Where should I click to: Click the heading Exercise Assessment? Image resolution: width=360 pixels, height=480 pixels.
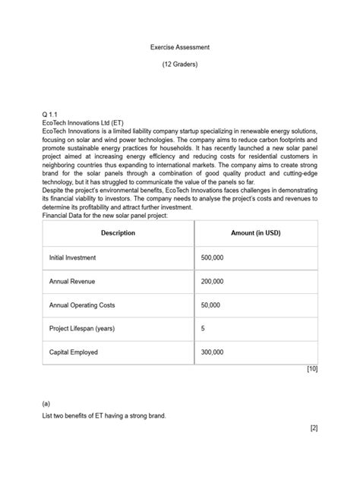coord(180,47)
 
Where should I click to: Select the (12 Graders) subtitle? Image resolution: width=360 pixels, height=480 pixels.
coord(180,65)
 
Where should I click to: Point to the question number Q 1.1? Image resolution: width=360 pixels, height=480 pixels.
coord(50,113)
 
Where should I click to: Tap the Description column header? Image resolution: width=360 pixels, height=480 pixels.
coord(118,232)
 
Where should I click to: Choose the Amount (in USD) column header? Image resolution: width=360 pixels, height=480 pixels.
coord(255,232)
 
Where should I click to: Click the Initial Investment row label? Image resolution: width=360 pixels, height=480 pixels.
coord(73,257)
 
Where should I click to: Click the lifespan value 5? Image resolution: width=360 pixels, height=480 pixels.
coord(203,329)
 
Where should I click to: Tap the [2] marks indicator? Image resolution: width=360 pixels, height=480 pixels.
coord(313,428)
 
